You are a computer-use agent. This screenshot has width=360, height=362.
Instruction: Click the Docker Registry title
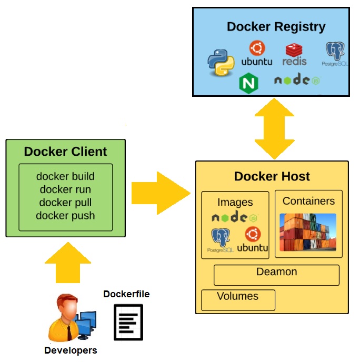point(276,26)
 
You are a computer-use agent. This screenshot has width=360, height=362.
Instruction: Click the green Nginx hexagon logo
point(248,83)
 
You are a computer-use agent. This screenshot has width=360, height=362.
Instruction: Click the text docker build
point(65,176)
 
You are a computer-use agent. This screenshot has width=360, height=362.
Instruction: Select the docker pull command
point(65,202)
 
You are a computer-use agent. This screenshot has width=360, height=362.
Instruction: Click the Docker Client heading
point(65,152)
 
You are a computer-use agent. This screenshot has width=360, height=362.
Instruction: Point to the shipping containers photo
point(308,232)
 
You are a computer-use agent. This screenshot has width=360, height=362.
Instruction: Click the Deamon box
point(276,274)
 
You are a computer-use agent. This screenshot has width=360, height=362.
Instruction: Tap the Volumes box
point(238,299)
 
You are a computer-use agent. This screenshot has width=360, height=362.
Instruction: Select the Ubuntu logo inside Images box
point(253,239)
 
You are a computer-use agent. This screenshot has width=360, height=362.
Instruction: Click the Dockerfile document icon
point(128,321)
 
